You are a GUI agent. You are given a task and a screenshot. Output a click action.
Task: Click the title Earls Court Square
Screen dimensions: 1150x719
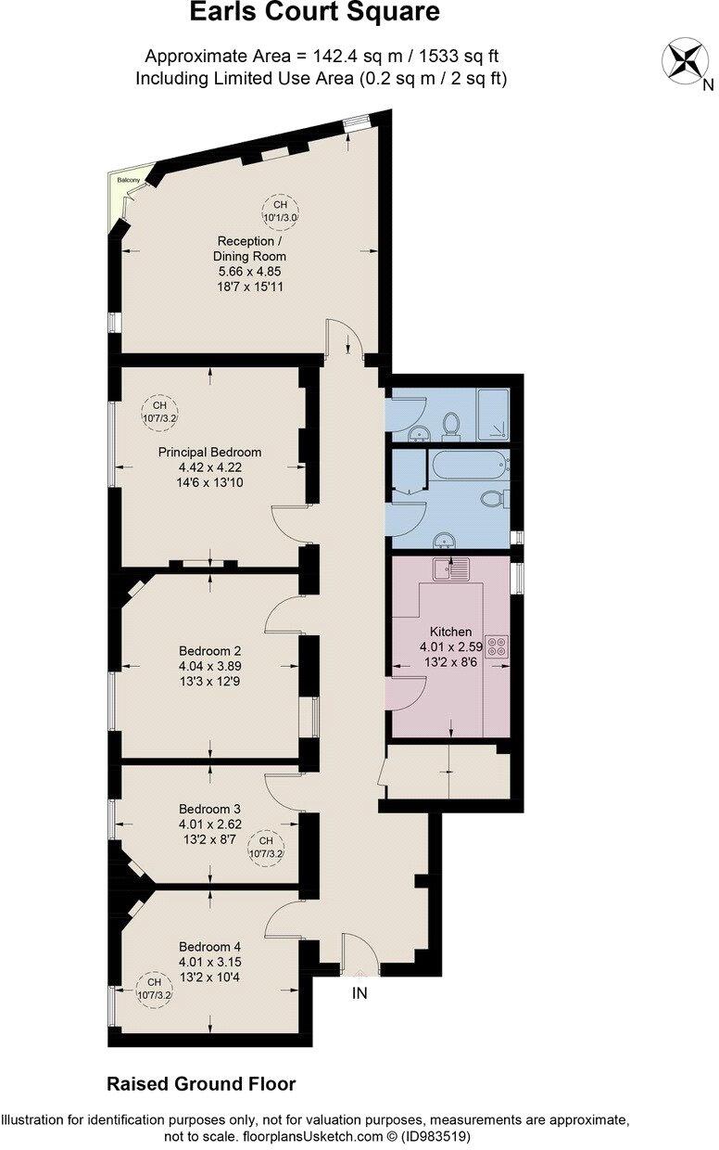314,13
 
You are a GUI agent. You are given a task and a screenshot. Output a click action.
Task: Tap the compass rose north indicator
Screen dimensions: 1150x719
687,60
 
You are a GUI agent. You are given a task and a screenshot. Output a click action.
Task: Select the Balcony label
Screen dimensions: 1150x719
128,179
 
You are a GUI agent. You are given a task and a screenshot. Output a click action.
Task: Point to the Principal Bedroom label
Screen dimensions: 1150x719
209,453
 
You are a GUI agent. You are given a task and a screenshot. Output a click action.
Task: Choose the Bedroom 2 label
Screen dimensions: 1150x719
209,650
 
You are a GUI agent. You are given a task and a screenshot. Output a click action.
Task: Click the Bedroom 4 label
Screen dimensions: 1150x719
209,947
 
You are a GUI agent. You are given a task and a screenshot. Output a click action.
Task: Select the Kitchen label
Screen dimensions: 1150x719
449,632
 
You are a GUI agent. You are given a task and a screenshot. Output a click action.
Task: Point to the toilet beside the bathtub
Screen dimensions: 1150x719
492,499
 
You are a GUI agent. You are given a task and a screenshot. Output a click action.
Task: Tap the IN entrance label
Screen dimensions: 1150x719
359,993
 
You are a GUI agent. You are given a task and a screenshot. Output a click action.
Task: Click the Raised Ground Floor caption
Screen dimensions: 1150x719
201,1083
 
